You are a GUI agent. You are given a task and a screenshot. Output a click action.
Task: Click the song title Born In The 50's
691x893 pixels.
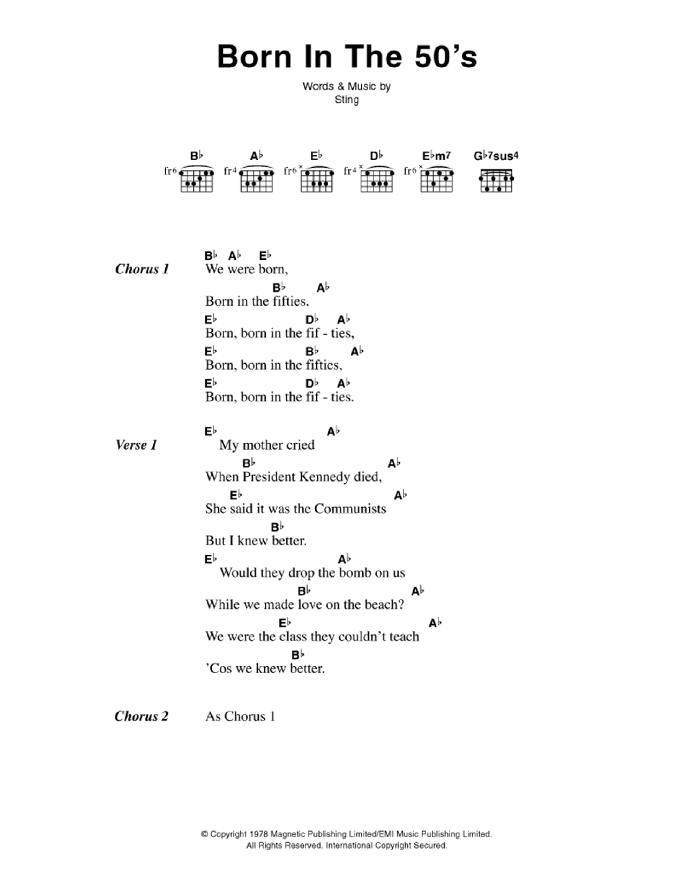pyautogui.click(x=347, y=57)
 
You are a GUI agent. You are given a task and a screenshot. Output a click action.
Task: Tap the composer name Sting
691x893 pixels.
pyautogui.click(x=347, y=100)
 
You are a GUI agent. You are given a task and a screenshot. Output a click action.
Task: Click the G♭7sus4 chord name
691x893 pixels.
pyautogui.click(x=496, y=156)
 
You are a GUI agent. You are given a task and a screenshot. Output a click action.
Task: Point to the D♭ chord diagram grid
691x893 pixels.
pyautogui.click(x=376, y=180)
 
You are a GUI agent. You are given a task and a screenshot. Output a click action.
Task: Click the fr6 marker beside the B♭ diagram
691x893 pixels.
pyautogui.click(x=170, y=171)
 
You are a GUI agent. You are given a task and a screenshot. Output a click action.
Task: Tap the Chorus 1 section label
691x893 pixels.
pyautogui.click(x=142, y=269)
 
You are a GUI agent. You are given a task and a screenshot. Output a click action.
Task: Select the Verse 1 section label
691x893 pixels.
pyautogui.click(x=136, y=445)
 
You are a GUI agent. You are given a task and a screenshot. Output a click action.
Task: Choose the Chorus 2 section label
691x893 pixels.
pyautogui.click(x=141, y=716)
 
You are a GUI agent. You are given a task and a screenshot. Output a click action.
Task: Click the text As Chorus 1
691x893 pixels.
pyautogui.click(x=240, y=716)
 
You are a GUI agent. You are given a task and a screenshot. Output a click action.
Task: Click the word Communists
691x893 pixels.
pyautogui.click(x=350, y=509)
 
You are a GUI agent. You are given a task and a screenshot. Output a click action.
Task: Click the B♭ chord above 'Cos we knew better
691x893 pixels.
pyautogui.click(x=297, y=654)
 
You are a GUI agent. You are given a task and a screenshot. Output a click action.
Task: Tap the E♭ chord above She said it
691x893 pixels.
pyautogui.click(x=236, y=495)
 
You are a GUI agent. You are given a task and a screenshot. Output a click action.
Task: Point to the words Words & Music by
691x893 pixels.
pyautogui.click(x=347, y=86)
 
